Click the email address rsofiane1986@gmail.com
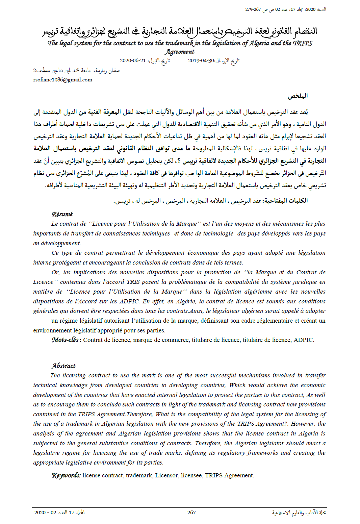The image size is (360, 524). coord(62,80)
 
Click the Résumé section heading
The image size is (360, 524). coord(62,214)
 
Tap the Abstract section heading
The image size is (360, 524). coord(63,366)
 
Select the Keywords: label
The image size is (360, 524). coord(66,475)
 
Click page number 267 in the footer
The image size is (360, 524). coord(191,513)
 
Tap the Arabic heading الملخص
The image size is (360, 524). coord(298,96)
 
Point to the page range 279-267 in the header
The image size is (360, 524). coord(253,9)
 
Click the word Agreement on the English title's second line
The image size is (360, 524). coord(180,52)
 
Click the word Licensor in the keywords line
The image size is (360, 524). coord(166,475)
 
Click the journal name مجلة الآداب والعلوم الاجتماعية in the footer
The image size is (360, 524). coord(299,513)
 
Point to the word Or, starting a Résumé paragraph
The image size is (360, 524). coord(55,272)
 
